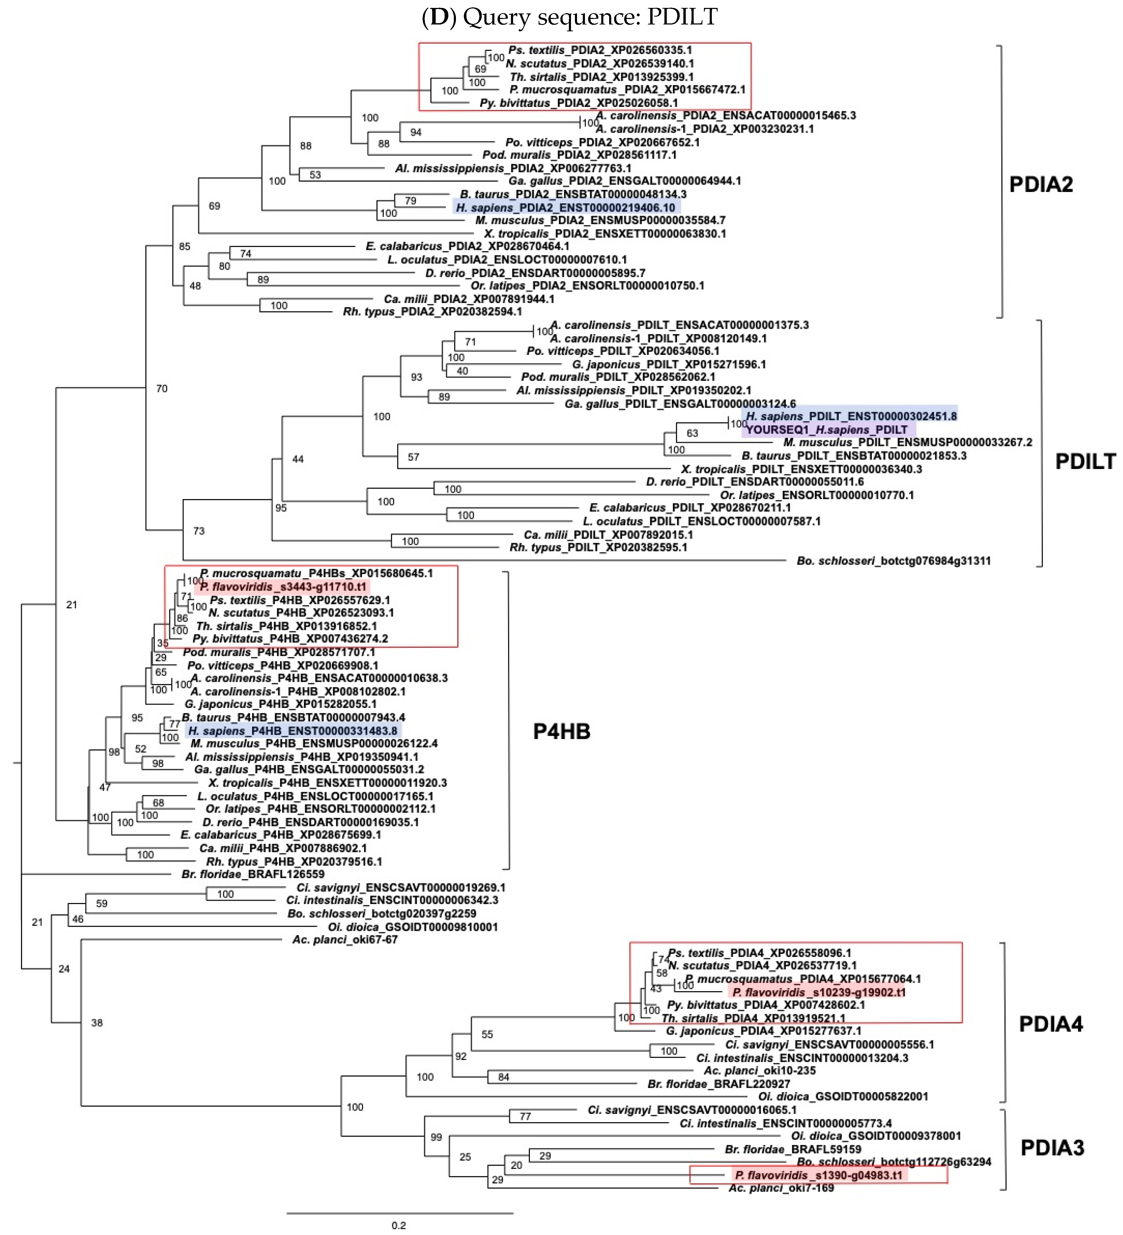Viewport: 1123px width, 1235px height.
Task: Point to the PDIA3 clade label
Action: pyautogui.click(x=1052, y=1147)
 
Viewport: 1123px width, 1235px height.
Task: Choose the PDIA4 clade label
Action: pyautogui.click(x=1050, y=1024)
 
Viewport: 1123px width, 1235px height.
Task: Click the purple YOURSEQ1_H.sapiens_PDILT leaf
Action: pyautogui.click(x=827, y=429)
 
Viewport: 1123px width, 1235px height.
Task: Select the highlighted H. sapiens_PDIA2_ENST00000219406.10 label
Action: pyautogui.click(x=565, y=208)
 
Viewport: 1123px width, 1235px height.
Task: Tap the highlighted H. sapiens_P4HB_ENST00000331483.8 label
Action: pyautogui.click(x=293, y=730)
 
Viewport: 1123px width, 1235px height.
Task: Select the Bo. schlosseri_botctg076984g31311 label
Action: pyautogui.click(x=893, y=561)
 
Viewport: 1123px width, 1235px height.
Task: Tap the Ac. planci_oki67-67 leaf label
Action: pyautogui.click(x=344, y=939)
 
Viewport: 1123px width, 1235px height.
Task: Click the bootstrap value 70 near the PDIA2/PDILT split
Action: pyautogui.click(x=162, y=388)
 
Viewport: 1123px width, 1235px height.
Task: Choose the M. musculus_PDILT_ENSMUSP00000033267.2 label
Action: pyautogui.click(x=907, y=442)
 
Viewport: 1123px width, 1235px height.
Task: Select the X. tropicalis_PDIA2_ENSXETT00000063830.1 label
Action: pyautogui.click(x=605, y=234)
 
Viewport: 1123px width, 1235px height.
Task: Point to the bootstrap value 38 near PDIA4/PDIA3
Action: pyautogui.click(x=97, y=1023)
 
